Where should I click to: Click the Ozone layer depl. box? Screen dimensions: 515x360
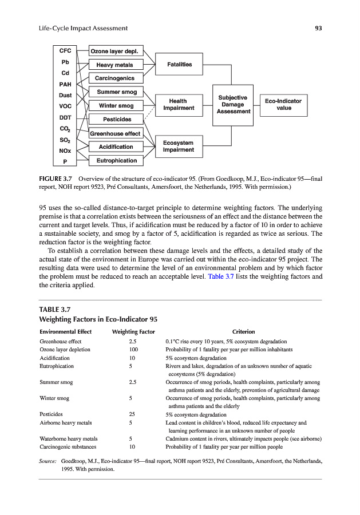pyautogui.click(x=116, y=51)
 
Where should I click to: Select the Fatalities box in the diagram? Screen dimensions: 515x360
pyautogui.click(x=179, y=64)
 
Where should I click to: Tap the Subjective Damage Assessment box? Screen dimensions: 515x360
pyautogui.click(x=233, y=104)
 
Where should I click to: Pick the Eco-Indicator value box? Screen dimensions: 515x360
pyautogui.click(x=283, y=104)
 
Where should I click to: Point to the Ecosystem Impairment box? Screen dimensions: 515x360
pyautogui.click(x=179, y=146)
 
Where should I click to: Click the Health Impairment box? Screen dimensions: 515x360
pyautogui.click(x=179, y=104)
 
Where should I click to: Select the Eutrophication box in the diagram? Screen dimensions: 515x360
pyautogui.click(x=116, y=160)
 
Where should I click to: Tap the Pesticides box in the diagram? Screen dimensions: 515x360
pyautogui.click(x=117, y=119)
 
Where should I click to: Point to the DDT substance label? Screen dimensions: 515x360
pyautogui.click(x=65, y=117)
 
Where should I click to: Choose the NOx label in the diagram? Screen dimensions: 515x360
pyautogui.click(x=65, y=150)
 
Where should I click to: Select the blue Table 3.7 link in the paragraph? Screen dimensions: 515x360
pyautogui.click(x=219, y=276)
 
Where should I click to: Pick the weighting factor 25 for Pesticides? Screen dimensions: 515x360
pyautogui.click(x=133, y=414)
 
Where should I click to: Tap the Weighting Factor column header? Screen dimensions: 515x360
pyautogui.click(x=133, y=332)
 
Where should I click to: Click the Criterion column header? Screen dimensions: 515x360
pyautogui.click(x=243, y=332)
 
